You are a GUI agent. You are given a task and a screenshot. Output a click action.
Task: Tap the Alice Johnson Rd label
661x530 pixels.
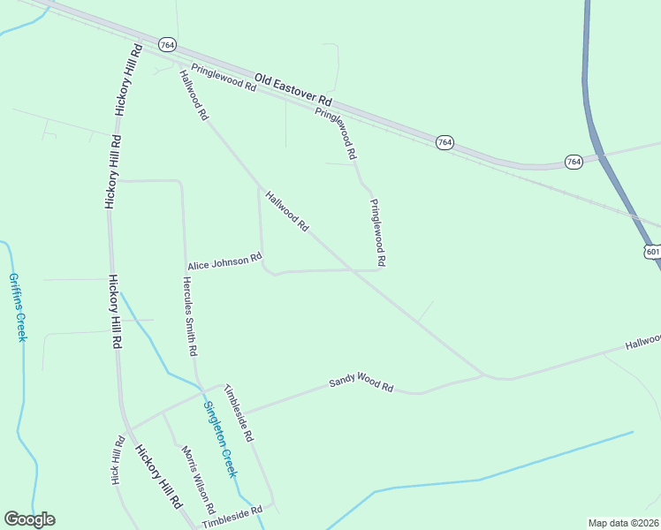[224, 262]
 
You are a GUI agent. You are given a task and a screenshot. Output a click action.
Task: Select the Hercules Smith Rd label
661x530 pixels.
[189, 315]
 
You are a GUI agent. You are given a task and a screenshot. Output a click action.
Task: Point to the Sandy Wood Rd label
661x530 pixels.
[361, 383]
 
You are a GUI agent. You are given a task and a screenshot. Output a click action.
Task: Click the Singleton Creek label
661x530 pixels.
[220, 439]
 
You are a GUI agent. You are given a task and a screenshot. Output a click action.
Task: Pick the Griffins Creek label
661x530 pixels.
[17, 307]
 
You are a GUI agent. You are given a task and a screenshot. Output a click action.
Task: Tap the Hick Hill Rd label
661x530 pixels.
[118, 460]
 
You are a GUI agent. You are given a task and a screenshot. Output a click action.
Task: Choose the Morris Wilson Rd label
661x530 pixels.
[198, 480]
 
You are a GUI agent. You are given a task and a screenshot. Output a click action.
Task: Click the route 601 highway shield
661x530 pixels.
[652, 252]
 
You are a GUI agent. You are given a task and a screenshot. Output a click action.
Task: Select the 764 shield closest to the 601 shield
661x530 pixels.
[574, 162]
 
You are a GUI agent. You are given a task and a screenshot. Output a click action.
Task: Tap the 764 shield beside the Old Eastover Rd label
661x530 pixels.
[445, 142]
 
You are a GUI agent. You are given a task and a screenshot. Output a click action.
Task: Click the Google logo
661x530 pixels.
[29, 519]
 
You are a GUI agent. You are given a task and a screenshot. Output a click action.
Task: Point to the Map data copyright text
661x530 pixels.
[624, 523]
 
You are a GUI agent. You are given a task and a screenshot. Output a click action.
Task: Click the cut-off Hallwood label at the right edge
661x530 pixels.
[642, 341]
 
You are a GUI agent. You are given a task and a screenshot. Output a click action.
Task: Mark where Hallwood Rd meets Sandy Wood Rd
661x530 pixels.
[484, 375]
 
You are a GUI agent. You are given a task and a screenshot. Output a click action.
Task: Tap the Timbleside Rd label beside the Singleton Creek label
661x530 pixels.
[239, 413]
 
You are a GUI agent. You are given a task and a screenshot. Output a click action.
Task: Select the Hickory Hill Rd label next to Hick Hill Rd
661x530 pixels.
[158, 476]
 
